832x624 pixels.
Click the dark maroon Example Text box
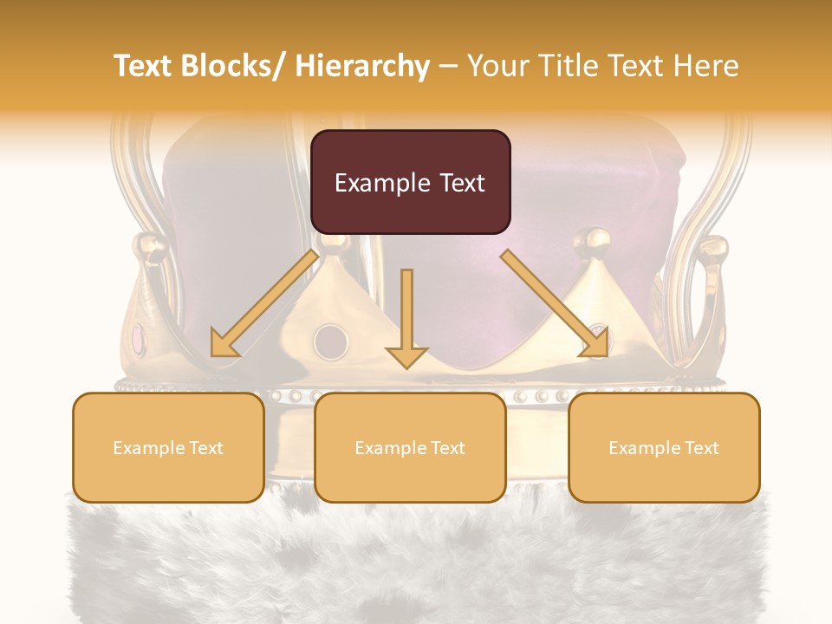(x=410, y=182)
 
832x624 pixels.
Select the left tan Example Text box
(x=168, y=447)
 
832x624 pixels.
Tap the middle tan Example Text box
(x=410, y=447)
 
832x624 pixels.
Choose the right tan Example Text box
(x=664, y=447)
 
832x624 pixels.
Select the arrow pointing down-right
(x=556, y=303)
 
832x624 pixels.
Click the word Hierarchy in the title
(x=362, y=66)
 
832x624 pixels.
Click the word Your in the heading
(x=497, y=66)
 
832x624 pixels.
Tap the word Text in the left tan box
(x=205, y=448)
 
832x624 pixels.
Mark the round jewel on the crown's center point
(x=330, y=341)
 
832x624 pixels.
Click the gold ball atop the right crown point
(x=595, y=239)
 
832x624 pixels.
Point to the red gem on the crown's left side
(x=140, y=335)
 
